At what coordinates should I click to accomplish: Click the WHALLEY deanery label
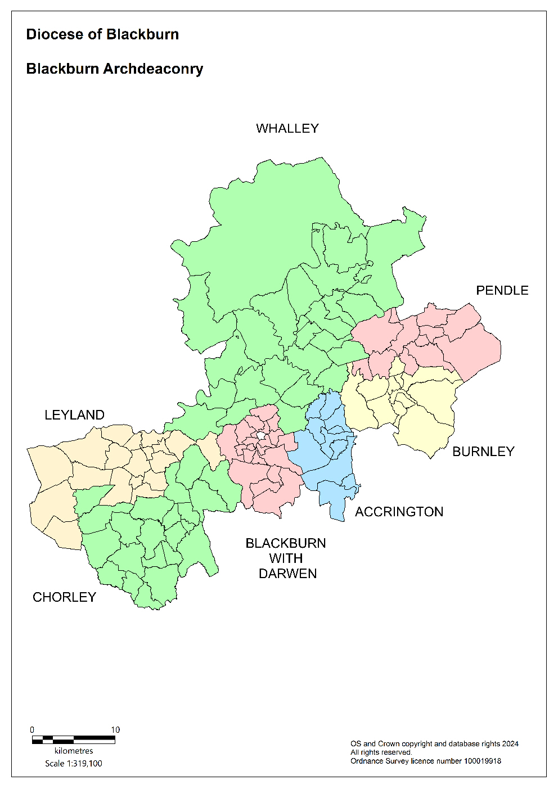click(x=287, y=129)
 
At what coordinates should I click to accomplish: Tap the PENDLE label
click(x=502, y=291)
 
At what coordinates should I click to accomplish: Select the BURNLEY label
click(x=483, y=452)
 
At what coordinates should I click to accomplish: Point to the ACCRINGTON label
click(x=399, y=512)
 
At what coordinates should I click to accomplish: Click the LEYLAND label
click(x=74, y=415)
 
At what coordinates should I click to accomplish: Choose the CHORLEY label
click(x=64, y=597)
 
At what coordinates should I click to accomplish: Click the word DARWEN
click(x=287, y=574)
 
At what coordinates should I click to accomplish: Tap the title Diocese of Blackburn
click(x=102, y=34)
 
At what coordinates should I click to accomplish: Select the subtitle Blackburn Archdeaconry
click(x=115, y=69)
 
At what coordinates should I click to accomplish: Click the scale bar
click(x=73, y=740)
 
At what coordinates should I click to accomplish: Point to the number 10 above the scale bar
click(x=115, y=730)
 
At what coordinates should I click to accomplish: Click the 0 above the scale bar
click(x=32, y=730)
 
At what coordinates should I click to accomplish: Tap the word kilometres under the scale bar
click(x=74, y=751)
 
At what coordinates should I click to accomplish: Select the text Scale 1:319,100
click(x=74, y=764)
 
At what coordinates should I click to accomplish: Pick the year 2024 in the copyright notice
click(x=510, y=744)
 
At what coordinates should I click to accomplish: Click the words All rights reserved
click(x=381, y=752)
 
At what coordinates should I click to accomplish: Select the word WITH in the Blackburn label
click(x=286, y=558)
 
